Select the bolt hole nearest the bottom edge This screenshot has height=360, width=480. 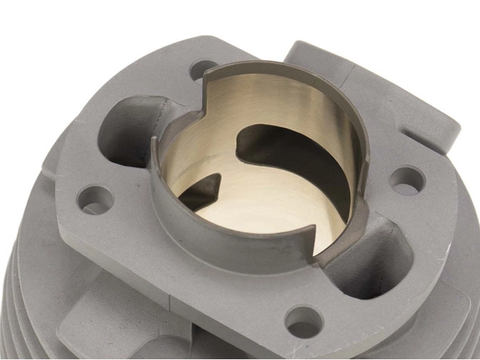tap(304, 320)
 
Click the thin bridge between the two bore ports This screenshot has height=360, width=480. tap(236, 175)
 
